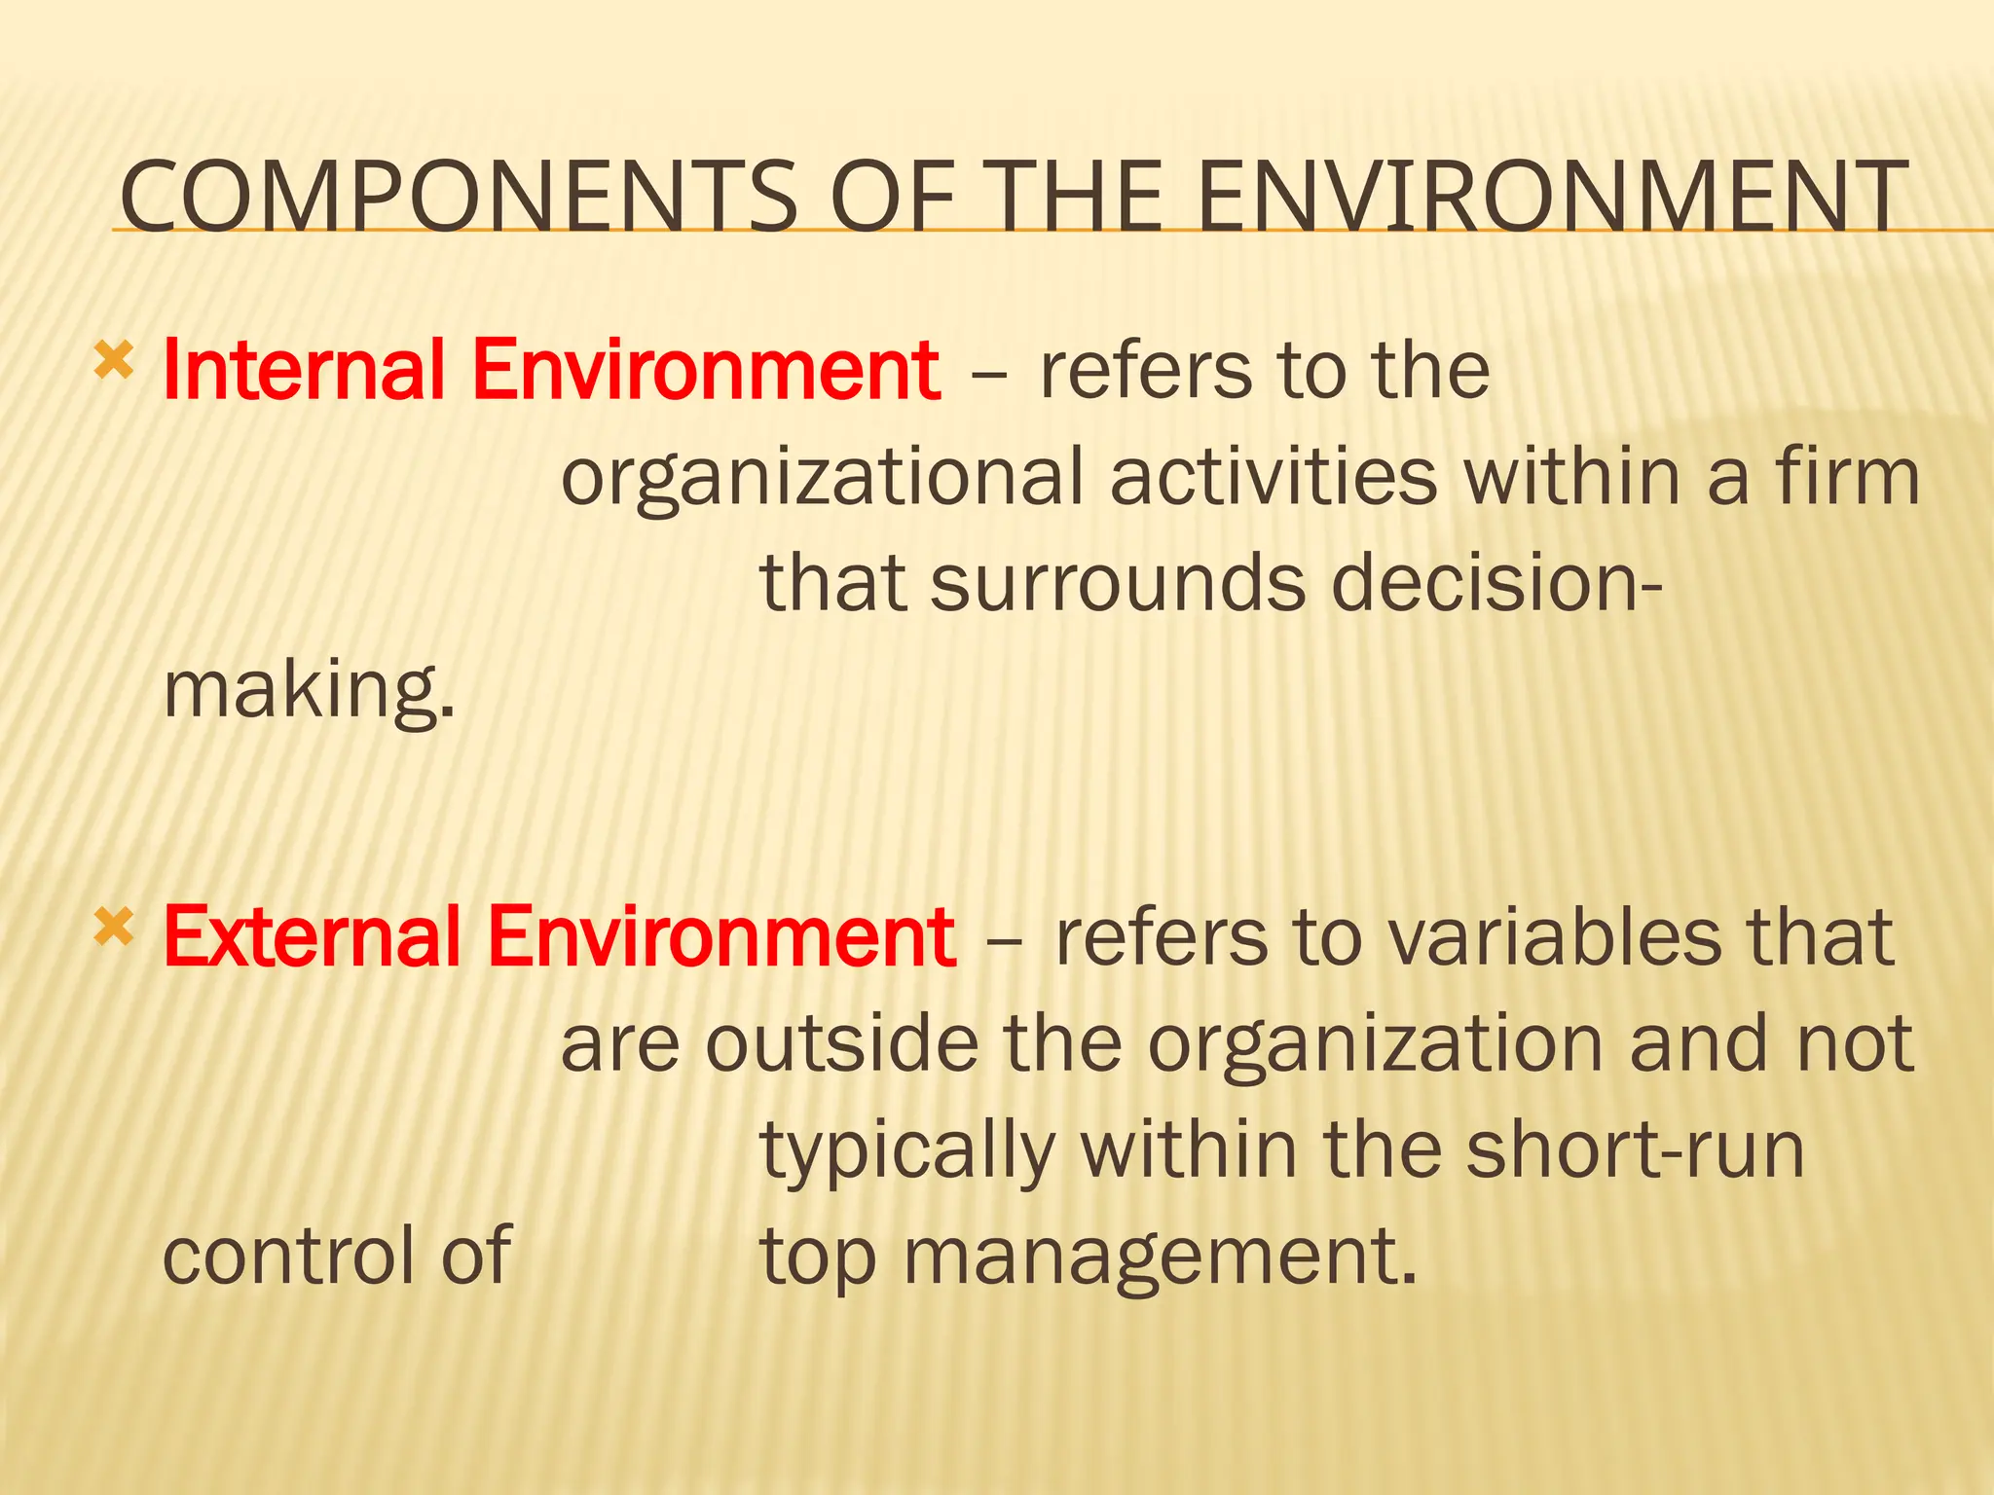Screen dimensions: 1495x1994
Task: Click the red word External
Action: coord(312,936)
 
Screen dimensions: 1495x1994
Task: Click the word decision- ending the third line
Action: coord(1495,583)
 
